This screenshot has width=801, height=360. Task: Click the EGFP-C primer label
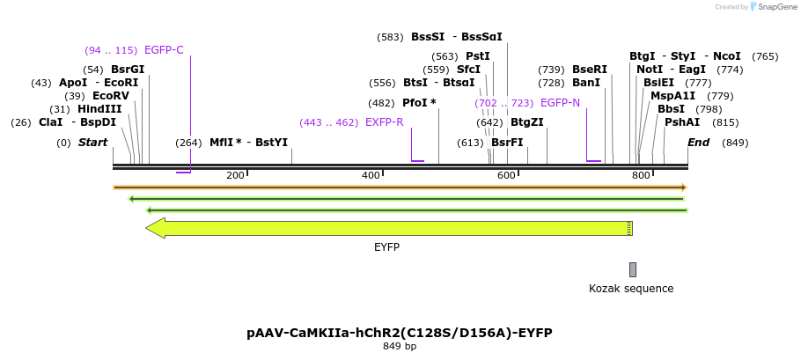pos(164,50)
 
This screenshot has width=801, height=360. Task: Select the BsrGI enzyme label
pos(128,70)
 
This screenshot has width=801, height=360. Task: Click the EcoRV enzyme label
pos(110,96)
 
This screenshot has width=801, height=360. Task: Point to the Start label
pos(92,143)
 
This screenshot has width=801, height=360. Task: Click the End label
pos(698,143)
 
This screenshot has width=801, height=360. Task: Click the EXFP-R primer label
pos(384,122)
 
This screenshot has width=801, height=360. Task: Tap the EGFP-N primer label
pos(560,103)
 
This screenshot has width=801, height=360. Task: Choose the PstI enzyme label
pos(478,56)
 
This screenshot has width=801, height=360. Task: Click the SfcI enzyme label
pos(468,70)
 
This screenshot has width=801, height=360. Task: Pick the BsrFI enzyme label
pos(507,143)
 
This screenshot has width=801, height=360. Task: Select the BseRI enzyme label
pos(590,70)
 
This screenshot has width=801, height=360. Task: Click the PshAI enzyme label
pos(682,122)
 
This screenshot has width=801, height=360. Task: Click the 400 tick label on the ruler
pos(370,176)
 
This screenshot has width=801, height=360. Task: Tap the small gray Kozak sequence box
pos(632,269)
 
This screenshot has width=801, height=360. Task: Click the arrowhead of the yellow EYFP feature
pos(155,228)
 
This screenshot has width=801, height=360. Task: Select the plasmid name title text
pos(400,333)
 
